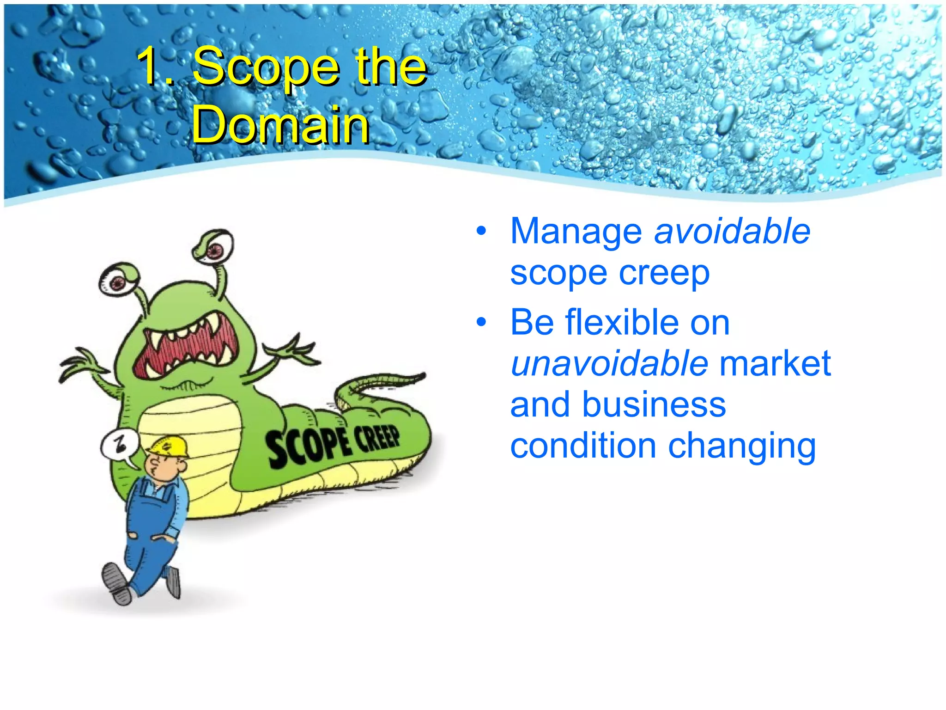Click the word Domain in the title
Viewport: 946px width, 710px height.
(x=280, y=125)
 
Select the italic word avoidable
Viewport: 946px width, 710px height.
(x=732, y=231)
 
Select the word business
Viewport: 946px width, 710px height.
(x=654, y=405)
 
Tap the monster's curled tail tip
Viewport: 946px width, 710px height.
(x=416, y=377)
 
